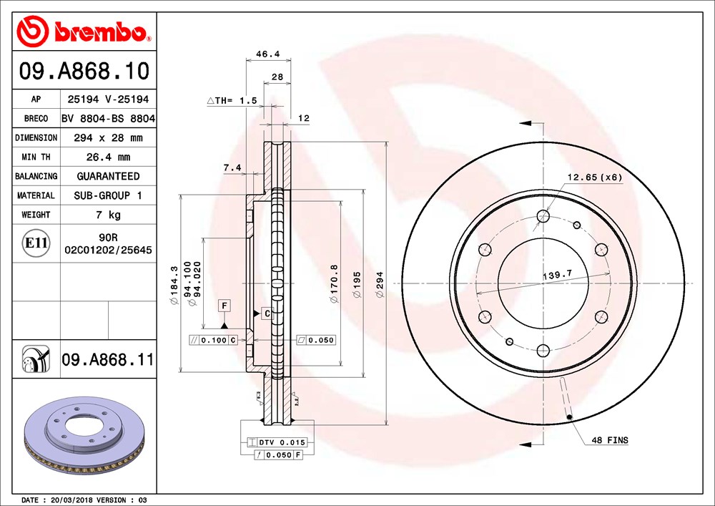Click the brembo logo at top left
click(x=83, y=31)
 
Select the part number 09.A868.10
click(x=84, y=72)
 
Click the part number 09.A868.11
click(x=107, y=359)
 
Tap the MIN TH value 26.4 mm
click(x=108, y=157)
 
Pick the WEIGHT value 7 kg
click(x=108, y=215)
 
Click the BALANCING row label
click(x=36, y=176)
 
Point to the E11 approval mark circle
click(x=36, y=243)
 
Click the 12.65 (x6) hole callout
click(x=595, y=177)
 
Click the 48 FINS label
click(x=609, y=440)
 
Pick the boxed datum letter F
click(x=225, y=306)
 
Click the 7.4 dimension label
click(x=232, y=167)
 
